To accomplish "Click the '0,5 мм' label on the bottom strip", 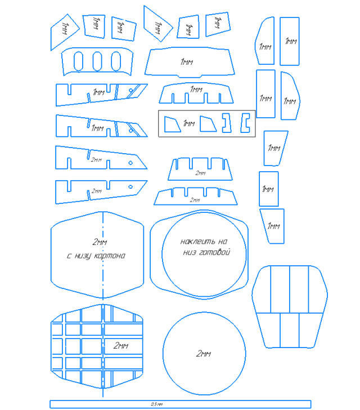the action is [157, 404].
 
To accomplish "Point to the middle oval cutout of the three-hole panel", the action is [97, 60].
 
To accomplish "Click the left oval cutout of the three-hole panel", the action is [79, 60].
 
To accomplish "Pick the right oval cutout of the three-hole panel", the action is [115, 60].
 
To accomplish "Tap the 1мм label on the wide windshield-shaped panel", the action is [187, 62].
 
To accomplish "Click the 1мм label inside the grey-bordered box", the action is [189, 123].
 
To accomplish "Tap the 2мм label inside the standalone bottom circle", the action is [203, 354].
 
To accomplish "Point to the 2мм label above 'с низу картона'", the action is [99, 242].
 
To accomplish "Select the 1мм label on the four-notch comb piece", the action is [196, 90].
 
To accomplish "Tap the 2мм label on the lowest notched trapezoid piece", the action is [195, 200].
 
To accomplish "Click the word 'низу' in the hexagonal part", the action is [84, 256].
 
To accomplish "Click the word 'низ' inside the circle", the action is [191, 253].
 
